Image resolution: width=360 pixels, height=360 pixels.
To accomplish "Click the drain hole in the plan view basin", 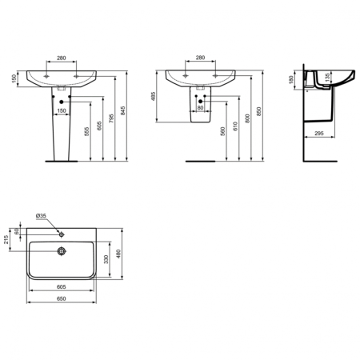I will pyautogui.click(x=61, y=251).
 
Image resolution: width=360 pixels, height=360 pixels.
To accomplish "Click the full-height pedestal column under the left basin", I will pyautogui.click(x=61, y=132).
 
